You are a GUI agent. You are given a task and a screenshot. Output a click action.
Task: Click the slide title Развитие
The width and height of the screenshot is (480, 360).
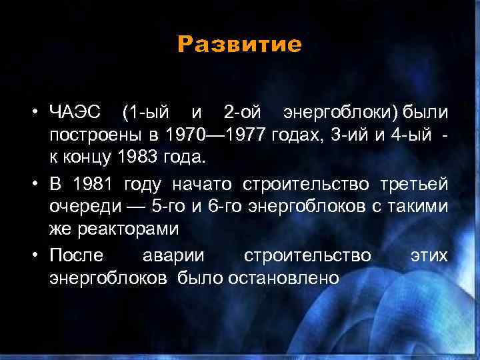coord(239,45)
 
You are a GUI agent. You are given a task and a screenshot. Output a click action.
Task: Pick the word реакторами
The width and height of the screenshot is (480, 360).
coord(114,229)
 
